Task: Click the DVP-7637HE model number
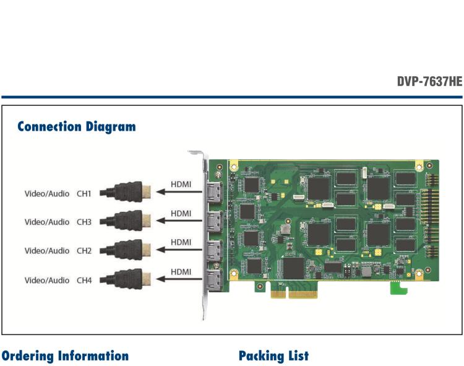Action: pos(429,82)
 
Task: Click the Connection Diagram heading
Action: pos(77,127)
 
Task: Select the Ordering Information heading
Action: pos(65,356)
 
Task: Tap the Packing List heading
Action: pos(273,356)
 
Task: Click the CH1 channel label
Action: pos(84,194)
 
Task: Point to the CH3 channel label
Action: pos(84,222)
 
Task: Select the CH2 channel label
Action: pos(84,251)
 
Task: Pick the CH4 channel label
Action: pos(84,281)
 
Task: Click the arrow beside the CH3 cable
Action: pos(180,221)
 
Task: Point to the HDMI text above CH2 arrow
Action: pos(181,242)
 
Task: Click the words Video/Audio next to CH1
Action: pos(47,194)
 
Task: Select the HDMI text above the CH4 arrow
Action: pos(181,271)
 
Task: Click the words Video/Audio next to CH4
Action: pos(47,281)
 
